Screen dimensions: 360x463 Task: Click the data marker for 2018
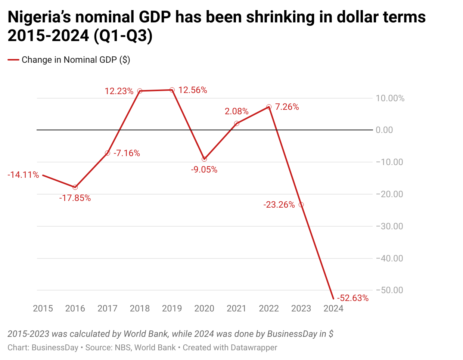point(140,91)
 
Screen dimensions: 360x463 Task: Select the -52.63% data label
point(352,298)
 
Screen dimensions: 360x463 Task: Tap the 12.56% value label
point(193,90)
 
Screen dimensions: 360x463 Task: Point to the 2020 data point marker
point(204,159)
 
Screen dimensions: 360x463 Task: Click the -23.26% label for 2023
point(279,205)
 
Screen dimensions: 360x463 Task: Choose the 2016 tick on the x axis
point(75,308)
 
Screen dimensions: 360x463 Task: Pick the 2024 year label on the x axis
point(333,308)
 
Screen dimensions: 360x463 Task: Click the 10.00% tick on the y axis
point(390,98)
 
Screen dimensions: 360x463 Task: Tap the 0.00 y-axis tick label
point(384,130)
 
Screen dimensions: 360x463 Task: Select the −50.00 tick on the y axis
point(389,290)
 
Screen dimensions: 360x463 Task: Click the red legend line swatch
point(13,60)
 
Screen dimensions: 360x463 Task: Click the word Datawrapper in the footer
point(254,348)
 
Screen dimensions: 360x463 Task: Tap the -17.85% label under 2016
point(75,198)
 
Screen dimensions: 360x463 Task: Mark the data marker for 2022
point(269,107)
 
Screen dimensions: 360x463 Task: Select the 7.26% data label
point(287,107)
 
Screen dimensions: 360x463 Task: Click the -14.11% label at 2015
point(23,175)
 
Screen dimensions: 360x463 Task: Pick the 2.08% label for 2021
point(237,111)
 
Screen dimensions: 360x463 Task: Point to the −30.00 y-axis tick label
point(389,226)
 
